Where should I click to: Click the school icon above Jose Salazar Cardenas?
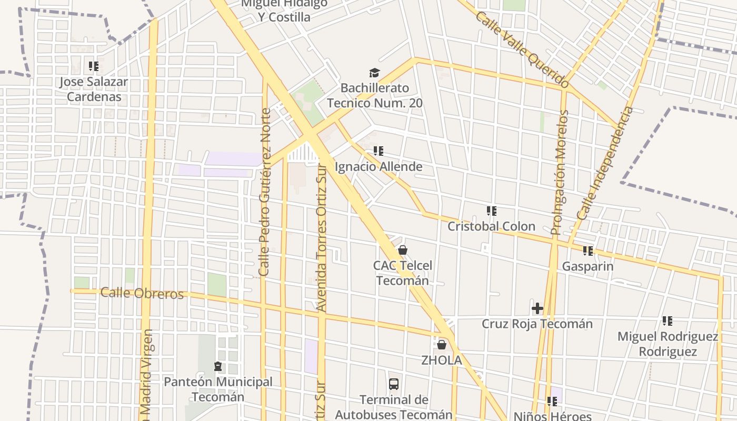94,66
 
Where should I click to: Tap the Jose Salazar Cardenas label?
93,89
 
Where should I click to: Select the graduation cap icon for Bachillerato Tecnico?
374,73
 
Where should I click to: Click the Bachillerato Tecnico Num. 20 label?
374,95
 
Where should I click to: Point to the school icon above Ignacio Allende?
379,152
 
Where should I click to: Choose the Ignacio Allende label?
379,167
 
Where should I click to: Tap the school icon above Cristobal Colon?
492,211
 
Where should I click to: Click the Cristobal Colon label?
491,226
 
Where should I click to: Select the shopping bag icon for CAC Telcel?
403,250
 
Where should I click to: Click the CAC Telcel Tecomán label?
403,273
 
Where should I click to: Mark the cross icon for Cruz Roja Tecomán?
537,308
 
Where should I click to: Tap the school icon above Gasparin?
588,251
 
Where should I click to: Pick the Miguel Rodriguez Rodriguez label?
668,344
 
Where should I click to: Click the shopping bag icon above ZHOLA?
442,345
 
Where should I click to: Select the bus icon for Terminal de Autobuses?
394,384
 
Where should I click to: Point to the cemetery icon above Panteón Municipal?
218,366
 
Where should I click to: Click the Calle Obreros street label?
142,293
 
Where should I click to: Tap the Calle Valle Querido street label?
522,49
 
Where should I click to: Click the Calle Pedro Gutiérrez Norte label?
264,192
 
